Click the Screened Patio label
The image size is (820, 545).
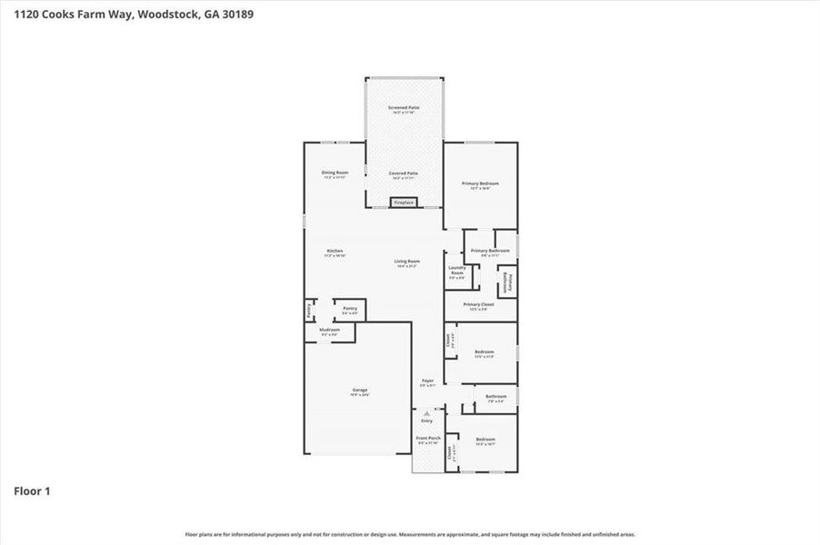coord(405,108)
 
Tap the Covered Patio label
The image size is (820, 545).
coord(404,173)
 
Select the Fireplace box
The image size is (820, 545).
coord(404,203)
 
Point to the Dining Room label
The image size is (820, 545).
coord(335,173)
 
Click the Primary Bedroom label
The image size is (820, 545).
coord(480,184)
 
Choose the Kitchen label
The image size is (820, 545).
coord(335,252)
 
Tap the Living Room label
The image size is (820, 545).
coord(406,262)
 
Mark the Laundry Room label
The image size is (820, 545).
coord(457,270)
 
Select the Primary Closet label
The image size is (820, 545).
coord(478,305)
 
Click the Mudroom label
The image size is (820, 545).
coord(329,330)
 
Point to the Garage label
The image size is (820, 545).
coord(360,390)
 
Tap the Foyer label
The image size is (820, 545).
coord(427,381)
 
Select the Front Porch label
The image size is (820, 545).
coord(428,439)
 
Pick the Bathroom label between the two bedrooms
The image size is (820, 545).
coord(495,396)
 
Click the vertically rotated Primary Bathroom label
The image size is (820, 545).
coord(510,282)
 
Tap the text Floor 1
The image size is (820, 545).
coord(32,491)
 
